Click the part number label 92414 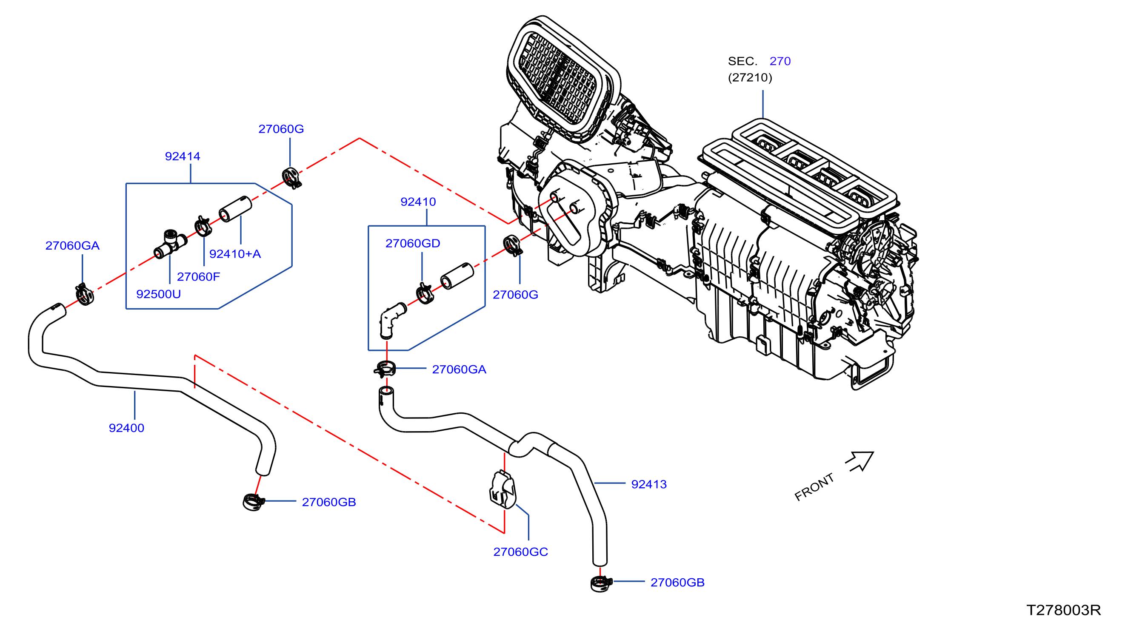coord(182,156)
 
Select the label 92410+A coord(235,254)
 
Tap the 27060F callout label coord(198,277)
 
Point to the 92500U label coord(158,294)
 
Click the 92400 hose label coord(126,428)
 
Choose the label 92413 coord(649,484)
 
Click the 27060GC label coord(520,552)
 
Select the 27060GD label coord(412,243)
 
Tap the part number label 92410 coord(418,202)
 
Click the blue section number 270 coord(780,61)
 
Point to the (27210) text coord(750,78)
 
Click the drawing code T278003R coord(1064,610)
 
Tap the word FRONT coord(814,487)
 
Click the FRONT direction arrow coord(860,462)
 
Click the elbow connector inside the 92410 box coord(392,320)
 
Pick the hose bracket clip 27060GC coord(503,490)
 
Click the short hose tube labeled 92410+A coord(235,209)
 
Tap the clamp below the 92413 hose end coord(601,583)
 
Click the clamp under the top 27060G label coord(291,178)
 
